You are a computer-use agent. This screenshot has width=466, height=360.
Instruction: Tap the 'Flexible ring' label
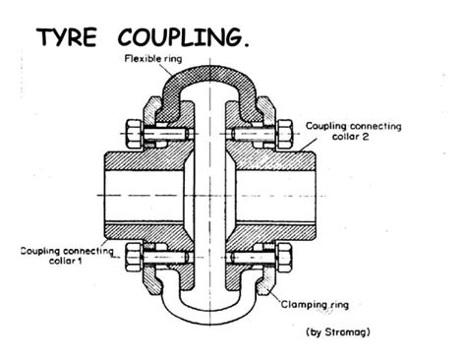152,59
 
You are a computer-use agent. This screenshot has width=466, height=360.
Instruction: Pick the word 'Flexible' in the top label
143,59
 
